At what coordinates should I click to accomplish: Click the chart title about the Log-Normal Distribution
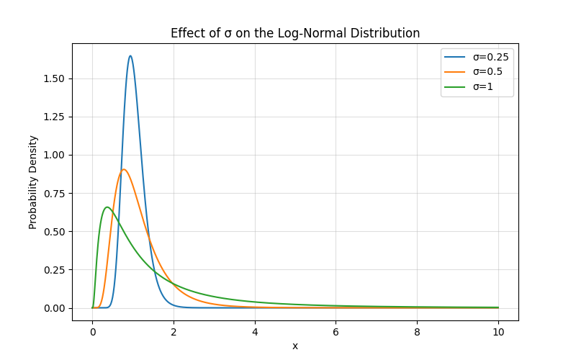click(295, 33)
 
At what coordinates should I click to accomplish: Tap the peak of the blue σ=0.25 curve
click(130, 56)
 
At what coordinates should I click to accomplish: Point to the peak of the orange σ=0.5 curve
click(124, 169)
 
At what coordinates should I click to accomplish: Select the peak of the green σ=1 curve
click(107, 207)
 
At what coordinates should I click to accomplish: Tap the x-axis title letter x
click(295, 346)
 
